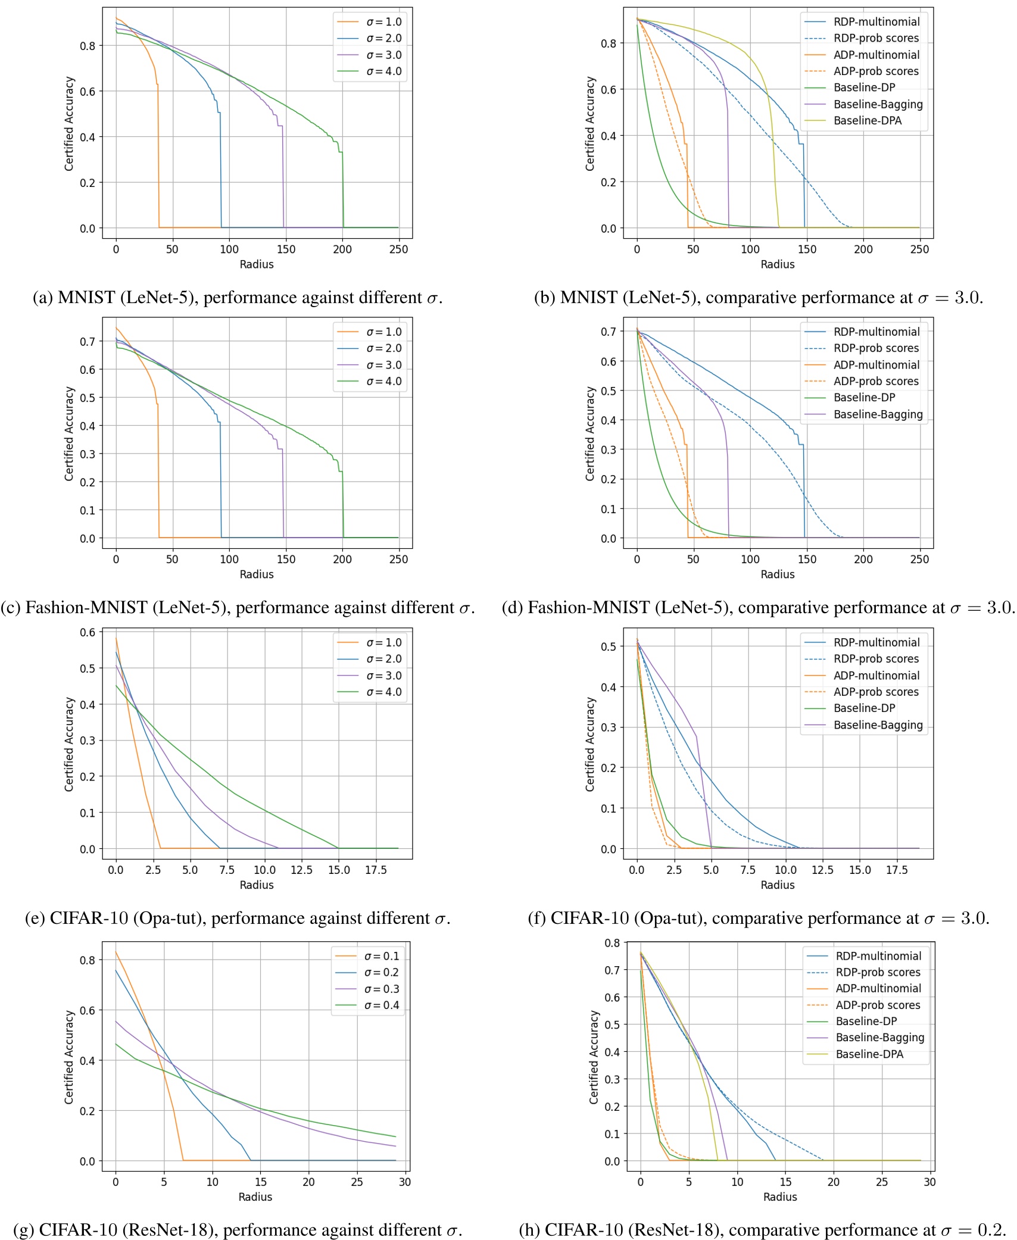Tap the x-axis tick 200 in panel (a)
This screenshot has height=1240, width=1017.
click(342, 249)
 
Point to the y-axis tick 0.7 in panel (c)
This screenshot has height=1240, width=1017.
click(88, 342)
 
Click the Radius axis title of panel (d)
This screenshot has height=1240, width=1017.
click(777, 574)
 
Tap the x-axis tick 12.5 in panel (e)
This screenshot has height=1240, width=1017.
click(301, 870)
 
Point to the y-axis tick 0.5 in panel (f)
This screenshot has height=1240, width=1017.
click(608, 646)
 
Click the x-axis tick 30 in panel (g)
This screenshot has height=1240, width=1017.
click(405, 1182)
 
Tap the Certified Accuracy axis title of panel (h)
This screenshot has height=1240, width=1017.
click(594, 1057)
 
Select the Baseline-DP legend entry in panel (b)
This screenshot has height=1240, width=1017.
click(864, 88)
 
